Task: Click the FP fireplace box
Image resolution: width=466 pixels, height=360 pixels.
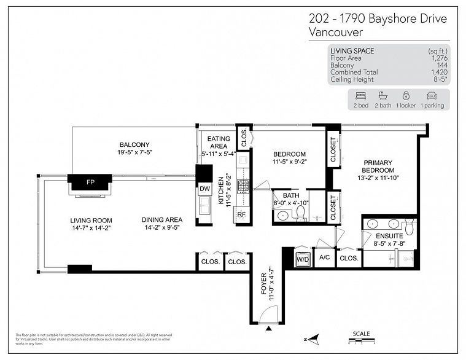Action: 90,182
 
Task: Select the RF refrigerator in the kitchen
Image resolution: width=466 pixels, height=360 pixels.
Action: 241,214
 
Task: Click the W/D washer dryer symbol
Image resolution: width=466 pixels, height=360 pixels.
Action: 303,258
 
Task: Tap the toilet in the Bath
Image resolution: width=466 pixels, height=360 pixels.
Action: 301,213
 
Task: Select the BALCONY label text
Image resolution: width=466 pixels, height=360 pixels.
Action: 134,144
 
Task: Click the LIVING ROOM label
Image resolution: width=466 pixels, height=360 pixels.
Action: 90,220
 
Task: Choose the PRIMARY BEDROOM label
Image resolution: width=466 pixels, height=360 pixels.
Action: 378,166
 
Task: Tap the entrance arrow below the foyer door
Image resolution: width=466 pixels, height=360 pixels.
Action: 268,331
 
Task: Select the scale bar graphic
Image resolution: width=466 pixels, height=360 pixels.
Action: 361,340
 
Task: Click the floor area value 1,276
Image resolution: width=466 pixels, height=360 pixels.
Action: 439,58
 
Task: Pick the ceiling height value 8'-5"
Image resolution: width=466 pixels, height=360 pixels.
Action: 440,79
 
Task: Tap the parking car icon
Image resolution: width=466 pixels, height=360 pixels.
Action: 431,96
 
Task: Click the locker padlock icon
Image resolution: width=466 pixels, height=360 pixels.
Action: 405,96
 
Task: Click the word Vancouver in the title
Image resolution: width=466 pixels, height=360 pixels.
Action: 336,32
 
